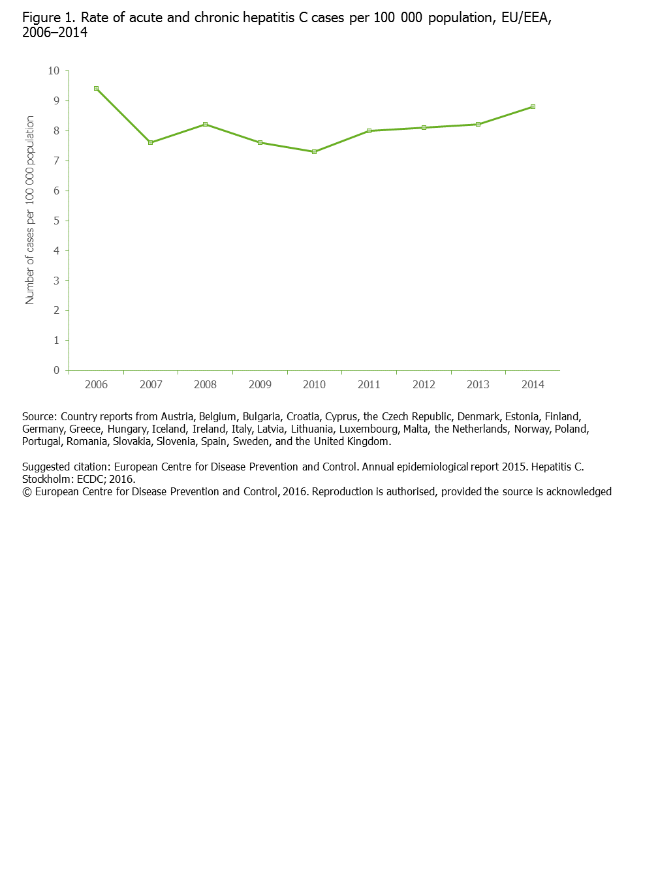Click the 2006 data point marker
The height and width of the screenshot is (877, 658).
tap(96, 88)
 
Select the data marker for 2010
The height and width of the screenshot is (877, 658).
tap(314, 151)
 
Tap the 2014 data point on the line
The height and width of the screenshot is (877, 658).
tap(533, 106)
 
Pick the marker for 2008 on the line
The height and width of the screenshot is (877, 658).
tap(205, 124)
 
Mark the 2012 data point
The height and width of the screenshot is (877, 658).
tap(424, 127)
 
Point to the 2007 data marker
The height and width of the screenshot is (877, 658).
tap(151, 142)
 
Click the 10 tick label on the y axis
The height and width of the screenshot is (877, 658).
tap(54, 70)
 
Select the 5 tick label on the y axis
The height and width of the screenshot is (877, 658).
tap(57, 221)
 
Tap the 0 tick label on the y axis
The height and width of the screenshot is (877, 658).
tap(57, 370)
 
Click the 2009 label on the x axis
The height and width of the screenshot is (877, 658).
tap(260, 384)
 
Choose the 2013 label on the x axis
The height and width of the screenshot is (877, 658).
tap(478, 384)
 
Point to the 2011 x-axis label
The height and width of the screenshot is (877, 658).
tap(369, 384)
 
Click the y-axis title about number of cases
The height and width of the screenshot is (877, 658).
tap(30, 210)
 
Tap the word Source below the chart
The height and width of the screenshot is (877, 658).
tap(39, 416)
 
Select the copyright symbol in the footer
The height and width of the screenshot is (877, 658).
tap(27, 492)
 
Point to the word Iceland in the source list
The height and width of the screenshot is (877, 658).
tap(168, 429)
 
